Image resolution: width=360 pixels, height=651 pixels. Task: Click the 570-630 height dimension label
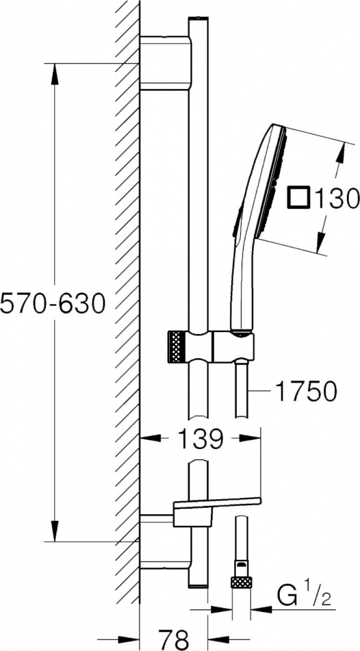click(52, 304)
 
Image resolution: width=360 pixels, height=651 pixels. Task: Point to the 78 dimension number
click(173, 639)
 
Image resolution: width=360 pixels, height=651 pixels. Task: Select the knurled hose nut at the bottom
click(242, 582)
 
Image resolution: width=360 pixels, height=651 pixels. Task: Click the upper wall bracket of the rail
click(165, 62)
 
